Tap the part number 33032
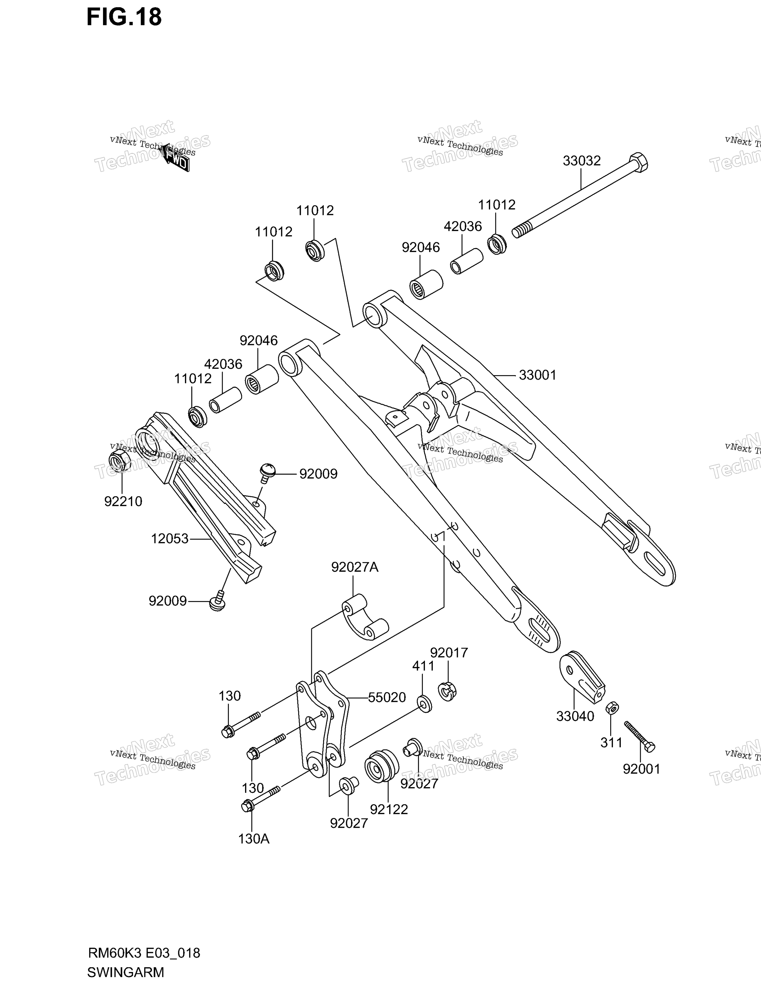point(582,161)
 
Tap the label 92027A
point(355,567)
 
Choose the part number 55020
point(387,697)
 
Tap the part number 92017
point(449,652)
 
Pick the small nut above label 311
point(612,708)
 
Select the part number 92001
point(642,769)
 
